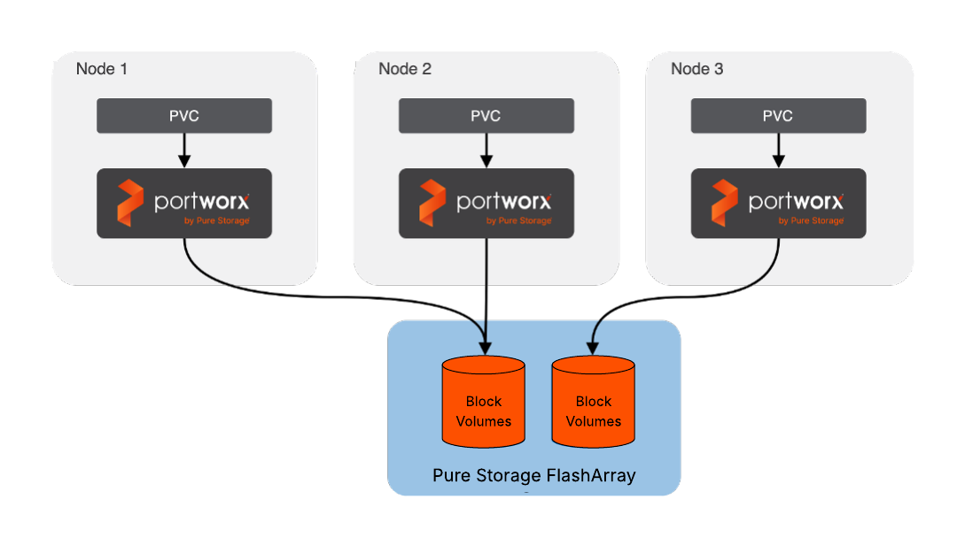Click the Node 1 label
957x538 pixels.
point(102,69)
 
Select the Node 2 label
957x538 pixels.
point(405,69)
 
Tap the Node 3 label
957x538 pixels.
point(697,69)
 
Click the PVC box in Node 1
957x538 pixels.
point(184,116)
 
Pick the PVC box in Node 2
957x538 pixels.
point(486,116)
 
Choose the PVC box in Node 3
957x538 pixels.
point(778,116)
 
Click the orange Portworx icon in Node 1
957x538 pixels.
point(130,203)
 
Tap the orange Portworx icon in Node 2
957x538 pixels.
point(432,203)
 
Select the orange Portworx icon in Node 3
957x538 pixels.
point(725,203)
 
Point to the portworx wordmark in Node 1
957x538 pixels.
point(202,201)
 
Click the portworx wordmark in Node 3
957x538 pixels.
point(796,201)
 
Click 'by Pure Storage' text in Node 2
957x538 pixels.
point(518,221)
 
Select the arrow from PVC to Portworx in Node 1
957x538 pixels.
point(184,150)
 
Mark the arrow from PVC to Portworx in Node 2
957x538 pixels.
point(486,150)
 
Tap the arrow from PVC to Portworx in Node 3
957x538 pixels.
point(778,150)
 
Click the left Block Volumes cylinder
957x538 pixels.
point(484,403)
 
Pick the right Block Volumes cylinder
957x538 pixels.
point(594,403)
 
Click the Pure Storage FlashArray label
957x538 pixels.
point(534,475)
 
